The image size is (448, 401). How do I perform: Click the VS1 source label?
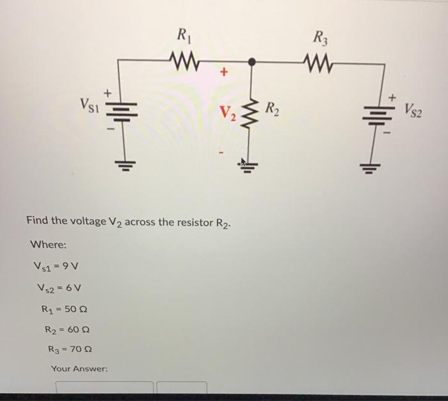pyautogui.click(x=88, y=103)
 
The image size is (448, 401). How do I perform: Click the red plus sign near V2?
pyautogui.click(x=223, y=73)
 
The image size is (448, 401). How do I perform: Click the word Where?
pyautogui.click(x=47, y=244)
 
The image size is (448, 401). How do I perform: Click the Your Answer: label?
pyautogui.click(x=79, y=369)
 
